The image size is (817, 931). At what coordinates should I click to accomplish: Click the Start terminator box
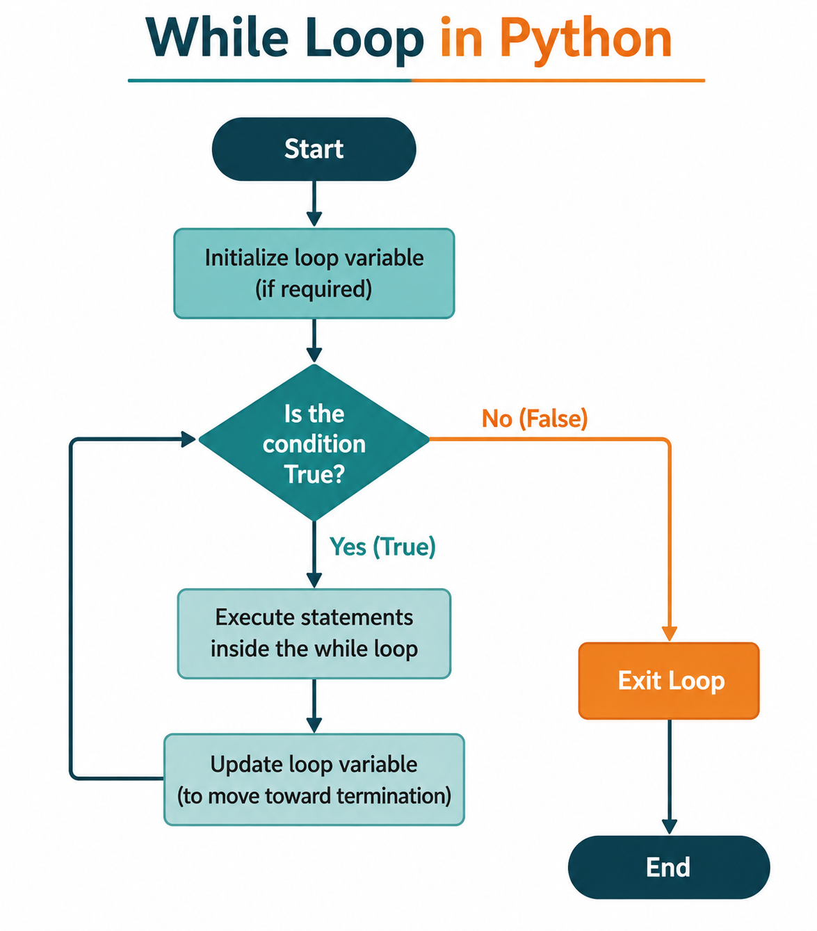pos(314,149)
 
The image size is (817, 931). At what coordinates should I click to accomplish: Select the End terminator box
pos(669,867)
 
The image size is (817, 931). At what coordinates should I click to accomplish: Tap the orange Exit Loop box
pos(669,681)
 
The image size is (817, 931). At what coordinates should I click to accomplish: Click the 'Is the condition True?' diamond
pos(314,442)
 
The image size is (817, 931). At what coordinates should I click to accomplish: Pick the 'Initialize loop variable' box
pos(314,273)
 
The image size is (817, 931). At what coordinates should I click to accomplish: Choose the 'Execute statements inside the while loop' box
pos(314,633)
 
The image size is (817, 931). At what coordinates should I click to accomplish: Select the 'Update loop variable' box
pos(314,779)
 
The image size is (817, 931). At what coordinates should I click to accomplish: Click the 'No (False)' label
pos(535,419)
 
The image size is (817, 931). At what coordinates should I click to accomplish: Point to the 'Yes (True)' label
pos(382,547)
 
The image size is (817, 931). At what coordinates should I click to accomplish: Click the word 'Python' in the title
pos(586,39)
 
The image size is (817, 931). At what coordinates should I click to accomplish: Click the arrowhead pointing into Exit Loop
pos(669,633)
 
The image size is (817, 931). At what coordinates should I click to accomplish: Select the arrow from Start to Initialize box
pos(314,204)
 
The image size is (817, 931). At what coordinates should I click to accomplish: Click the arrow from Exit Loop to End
pos(669,777)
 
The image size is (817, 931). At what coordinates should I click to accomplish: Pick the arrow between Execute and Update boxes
pos(314,706)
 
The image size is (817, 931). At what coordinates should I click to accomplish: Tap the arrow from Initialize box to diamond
pos(314,341)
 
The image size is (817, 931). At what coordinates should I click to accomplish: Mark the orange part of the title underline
pos(558,81)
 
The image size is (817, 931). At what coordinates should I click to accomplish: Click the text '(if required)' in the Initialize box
pos(314,289)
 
